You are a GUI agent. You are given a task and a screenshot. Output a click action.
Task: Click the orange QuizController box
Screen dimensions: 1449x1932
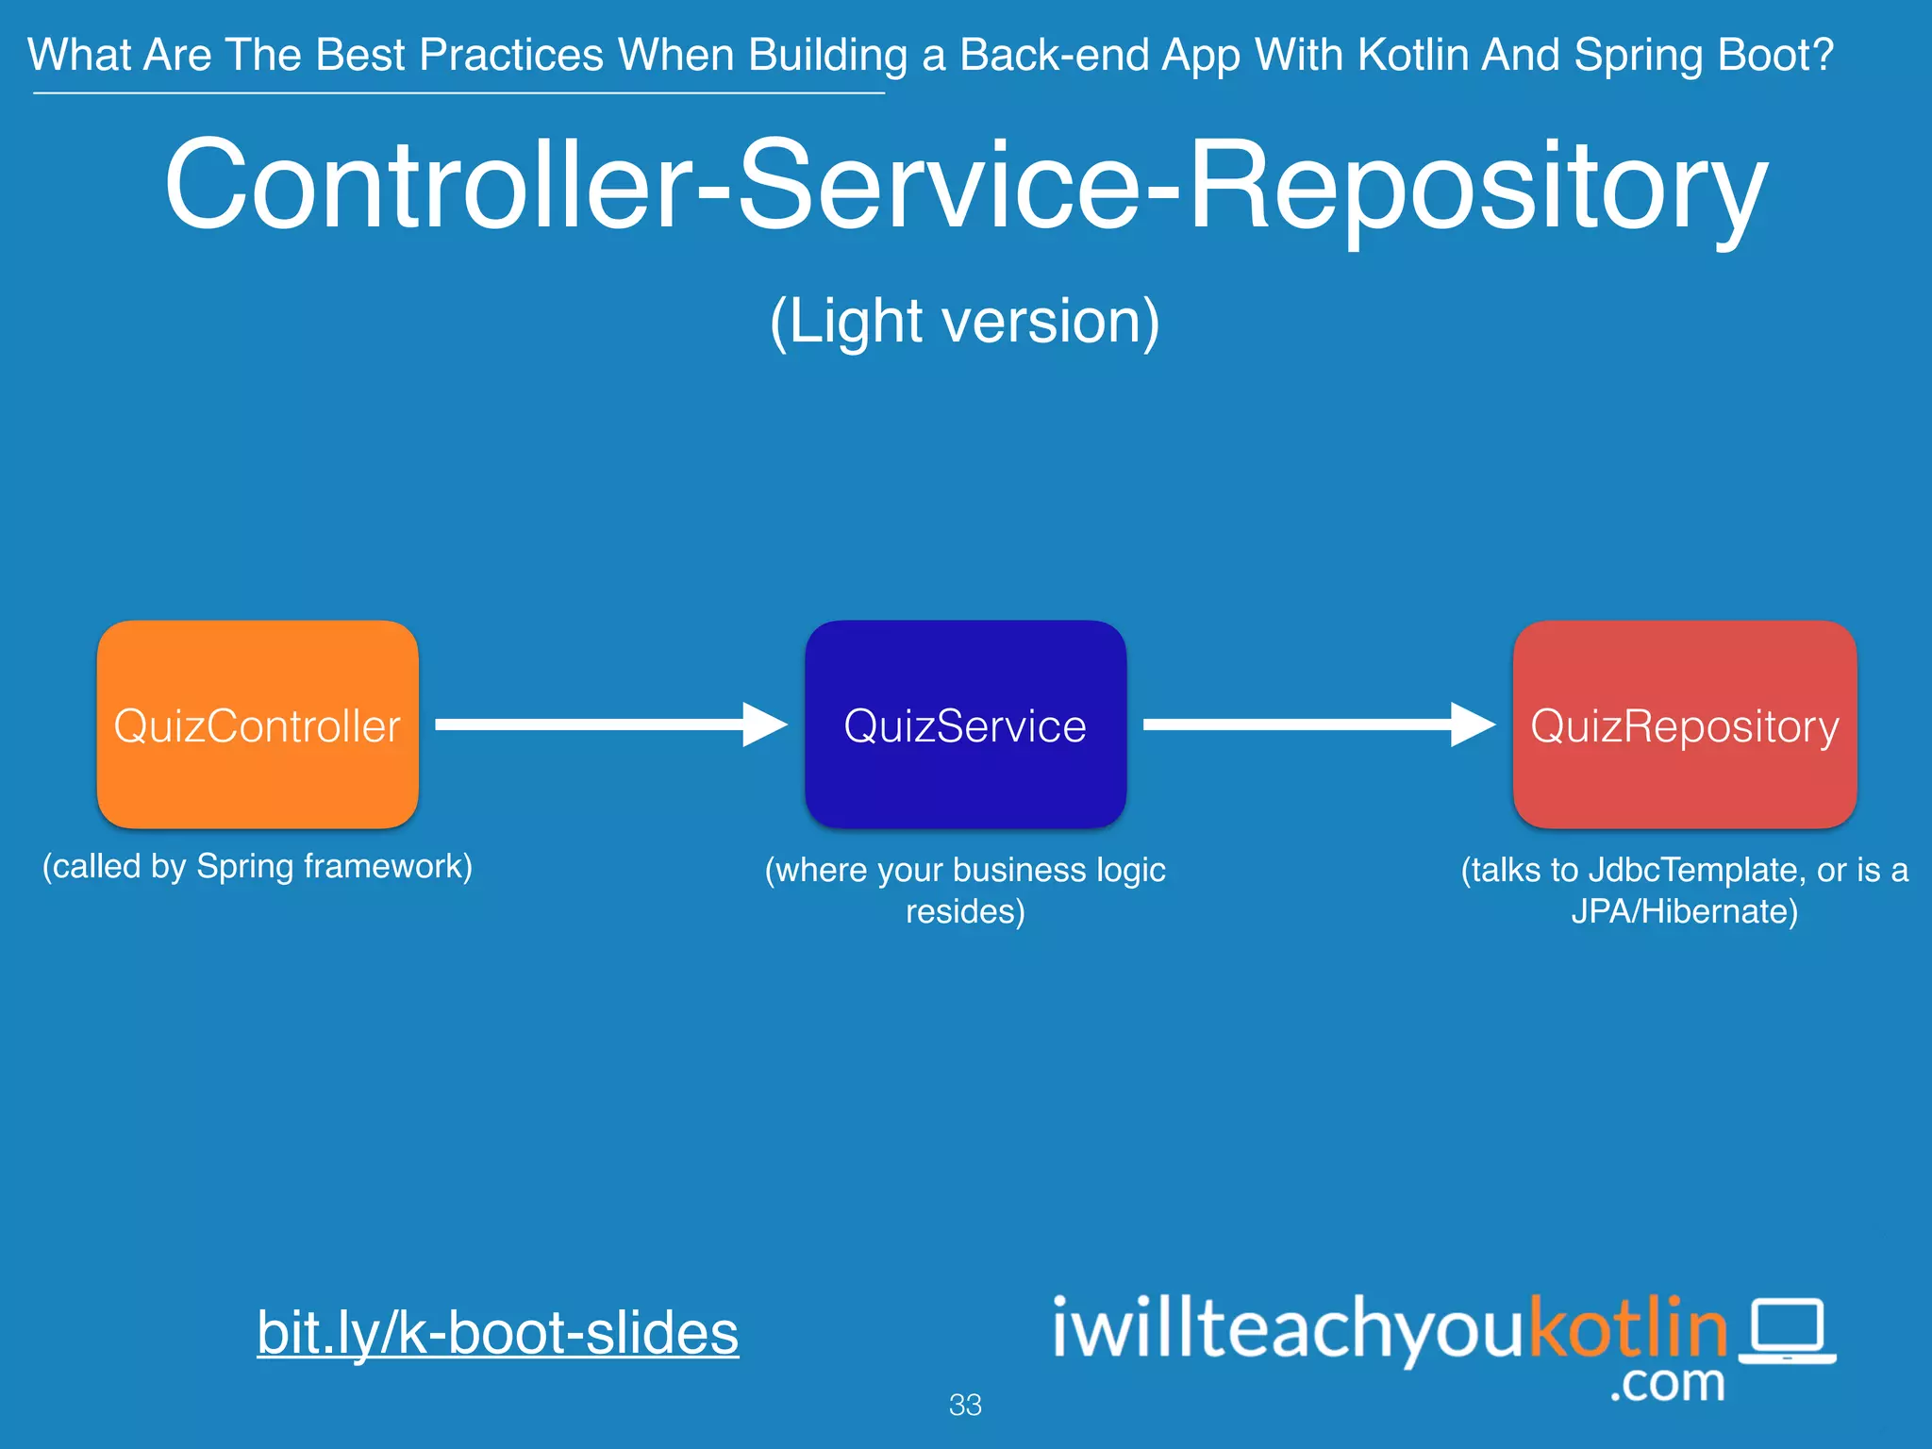pos(258,724)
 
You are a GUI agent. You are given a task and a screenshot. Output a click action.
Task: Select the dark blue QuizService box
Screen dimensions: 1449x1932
pos(965,724)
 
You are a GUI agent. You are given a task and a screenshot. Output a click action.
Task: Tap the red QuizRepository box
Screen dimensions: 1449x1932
pos(1685,724)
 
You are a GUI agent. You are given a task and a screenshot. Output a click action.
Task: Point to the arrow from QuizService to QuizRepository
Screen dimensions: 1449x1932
pos(1318,724)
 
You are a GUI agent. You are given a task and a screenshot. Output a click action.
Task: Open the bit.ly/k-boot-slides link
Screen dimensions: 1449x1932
pos(497,1333)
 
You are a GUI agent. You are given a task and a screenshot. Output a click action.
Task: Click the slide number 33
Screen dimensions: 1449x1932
pos(965,1405)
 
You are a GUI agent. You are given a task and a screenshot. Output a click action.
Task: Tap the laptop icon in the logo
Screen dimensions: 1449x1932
pos(1788,1331)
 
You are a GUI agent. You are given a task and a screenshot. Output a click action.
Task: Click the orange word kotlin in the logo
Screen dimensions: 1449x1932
pos(1627,1328)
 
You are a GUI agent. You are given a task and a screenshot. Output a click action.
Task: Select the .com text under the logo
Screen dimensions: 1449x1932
pos(1667,1384)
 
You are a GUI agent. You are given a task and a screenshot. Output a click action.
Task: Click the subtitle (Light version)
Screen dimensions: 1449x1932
pos(965,322)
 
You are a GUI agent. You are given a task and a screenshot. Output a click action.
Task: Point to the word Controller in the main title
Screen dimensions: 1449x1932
pos(429,184)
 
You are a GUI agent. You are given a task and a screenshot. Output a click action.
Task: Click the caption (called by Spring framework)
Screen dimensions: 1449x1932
pos(258,866)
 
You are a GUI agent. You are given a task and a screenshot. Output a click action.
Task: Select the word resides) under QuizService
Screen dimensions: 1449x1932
pos(965,912)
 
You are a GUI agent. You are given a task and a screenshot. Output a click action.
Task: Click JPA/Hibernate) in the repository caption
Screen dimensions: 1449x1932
pos(1685,912)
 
